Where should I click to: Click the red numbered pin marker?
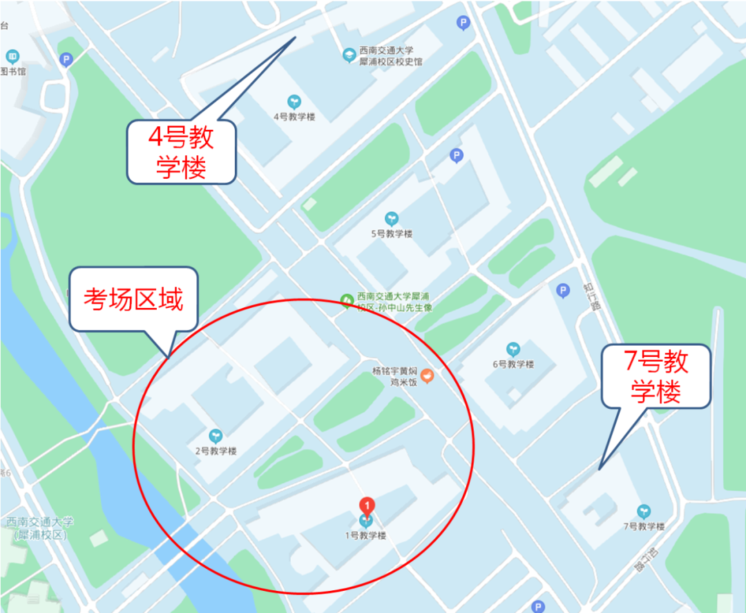[x=367, y=505]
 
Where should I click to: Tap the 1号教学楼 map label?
[x=365, y=536]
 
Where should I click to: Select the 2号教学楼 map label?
[x=216, y=451]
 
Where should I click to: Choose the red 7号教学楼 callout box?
[x=656, y=376]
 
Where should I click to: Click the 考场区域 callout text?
[x=133, y=300]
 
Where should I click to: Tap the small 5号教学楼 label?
[x=392, y=234]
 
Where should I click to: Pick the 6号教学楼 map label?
[x=513, y=364]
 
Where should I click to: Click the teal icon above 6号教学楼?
[x=513, y=349]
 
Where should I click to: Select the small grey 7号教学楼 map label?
[x=644, y=527]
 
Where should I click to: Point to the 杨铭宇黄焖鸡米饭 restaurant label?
[x=396, y=376]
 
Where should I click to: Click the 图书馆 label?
[x=12, y=71]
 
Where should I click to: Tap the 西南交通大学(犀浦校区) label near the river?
[x=39, y=528]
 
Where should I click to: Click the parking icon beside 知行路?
[x=563, y=291]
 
